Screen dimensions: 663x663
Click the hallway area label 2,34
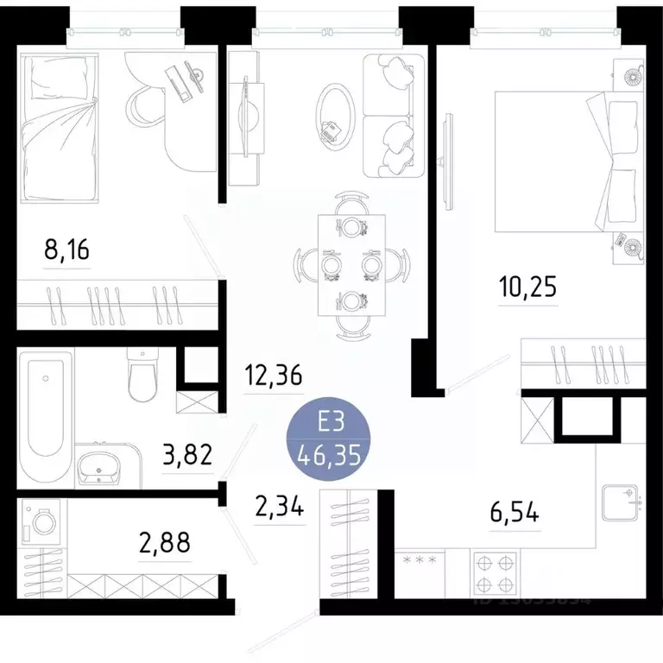point(280,506)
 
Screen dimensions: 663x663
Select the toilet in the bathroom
point(141,375)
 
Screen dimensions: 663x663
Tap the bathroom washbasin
point(103,468)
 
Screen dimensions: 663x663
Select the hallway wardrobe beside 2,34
point(350,542)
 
